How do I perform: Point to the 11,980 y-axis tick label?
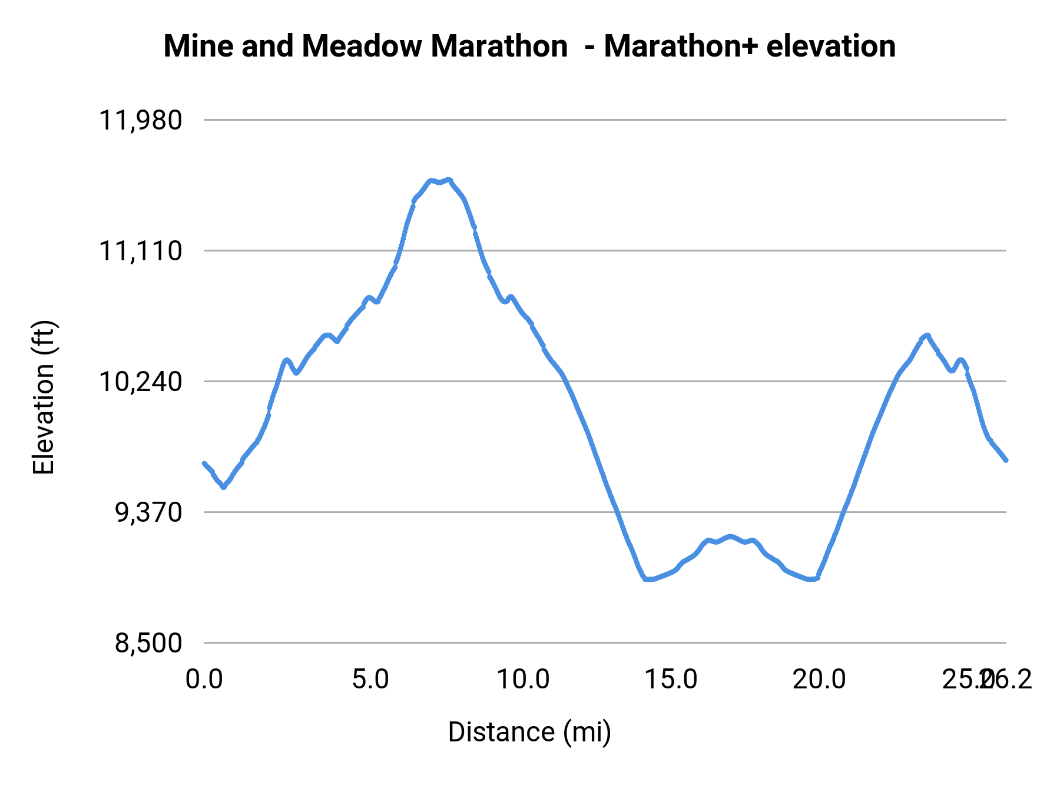(x=140, y=121)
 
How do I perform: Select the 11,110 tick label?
(x=140, y=251)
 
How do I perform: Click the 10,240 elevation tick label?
(x=140, y=382)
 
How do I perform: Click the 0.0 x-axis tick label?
(x=204, y=680)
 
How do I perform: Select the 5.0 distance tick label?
(x=370, y=680)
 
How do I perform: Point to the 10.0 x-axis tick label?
(x=523, y=680)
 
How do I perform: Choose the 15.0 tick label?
(x=671, y=680)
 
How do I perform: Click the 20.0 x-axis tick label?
(x=819, y=680)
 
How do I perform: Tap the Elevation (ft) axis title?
(x=44, y=397)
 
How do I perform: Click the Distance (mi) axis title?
(x=529, y=732)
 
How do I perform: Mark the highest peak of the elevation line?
(x=449, y=179)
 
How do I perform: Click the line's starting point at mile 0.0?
(x=204, y=463)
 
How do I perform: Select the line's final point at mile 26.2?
(x=1006, y=460)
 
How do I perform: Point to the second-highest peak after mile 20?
(x=927, y=335)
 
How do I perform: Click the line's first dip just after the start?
(x=223, y=487)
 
